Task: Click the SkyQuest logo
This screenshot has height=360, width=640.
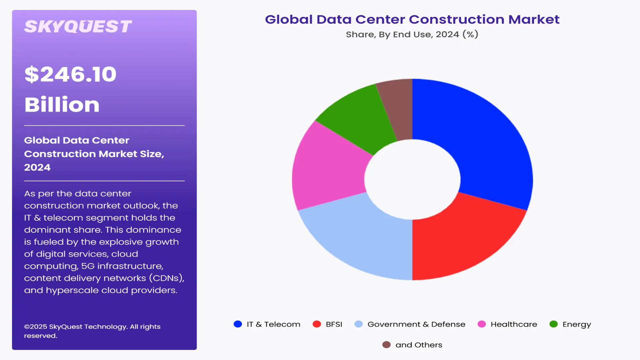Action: click(x=78, y=27)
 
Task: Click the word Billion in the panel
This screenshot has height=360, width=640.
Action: click(x=62, y=105)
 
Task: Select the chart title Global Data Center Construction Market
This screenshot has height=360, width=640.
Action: click(x=412, y=19)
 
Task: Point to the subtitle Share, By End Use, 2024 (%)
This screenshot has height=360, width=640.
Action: click(x=412, y=34)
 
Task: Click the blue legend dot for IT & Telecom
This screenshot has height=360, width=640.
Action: click(x=238, y=324)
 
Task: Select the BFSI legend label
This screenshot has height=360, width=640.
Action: click(x=334, y=324)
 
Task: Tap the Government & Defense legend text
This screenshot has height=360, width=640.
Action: click(x=416, y=324)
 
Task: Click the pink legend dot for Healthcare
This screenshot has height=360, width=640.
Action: click(x=482, y=324)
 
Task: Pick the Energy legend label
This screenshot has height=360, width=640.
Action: click(x=577, y=324)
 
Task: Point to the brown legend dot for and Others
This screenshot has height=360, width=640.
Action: click(x=386, y=345)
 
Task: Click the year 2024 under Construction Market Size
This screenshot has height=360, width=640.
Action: click(x=37, y=167)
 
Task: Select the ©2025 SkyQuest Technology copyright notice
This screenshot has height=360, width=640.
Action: click(x=92, y=331)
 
